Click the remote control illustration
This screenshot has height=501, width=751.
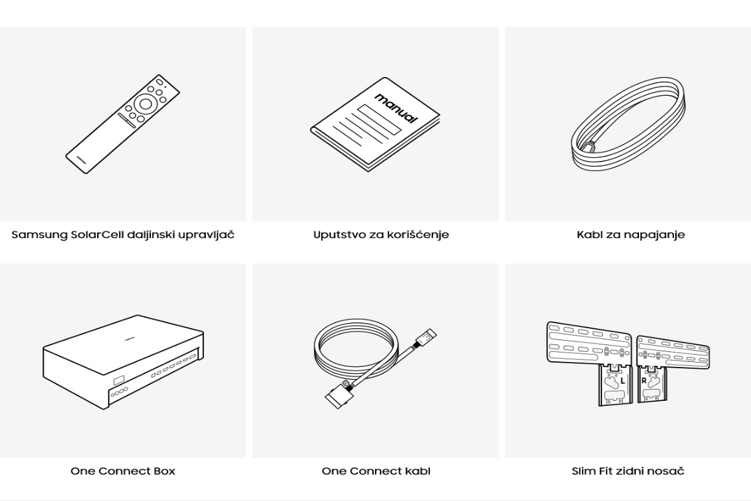(x=123, y=124)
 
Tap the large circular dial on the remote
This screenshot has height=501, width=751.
(x=145, y=104)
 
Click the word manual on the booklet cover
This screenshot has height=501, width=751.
(x=397, y=108)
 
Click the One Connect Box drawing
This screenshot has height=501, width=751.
(x=123, y=362)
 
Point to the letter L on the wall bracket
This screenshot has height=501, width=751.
(x=623, y=381)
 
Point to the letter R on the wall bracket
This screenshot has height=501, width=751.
(x=644, y=381)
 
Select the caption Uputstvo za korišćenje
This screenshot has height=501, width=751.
(x=381, y=235)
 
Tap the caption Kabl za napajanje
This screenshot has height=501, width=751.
(x=631, y=235)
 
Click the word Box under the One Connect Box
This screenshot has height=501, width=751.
(x=164, y=471)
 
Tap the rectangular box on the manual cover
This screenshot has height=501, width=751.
(x=379, y=120)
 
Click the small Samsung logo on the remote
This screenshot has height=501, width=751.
(x=81, y=160)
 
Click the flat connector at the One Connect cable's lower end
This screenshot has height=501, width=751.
(x=339, y=396)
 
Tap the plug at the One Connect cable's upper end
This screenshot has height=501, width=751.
(x=426, y=338)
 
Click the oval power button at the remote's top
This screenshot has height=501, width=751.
(x=160, y=82)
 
